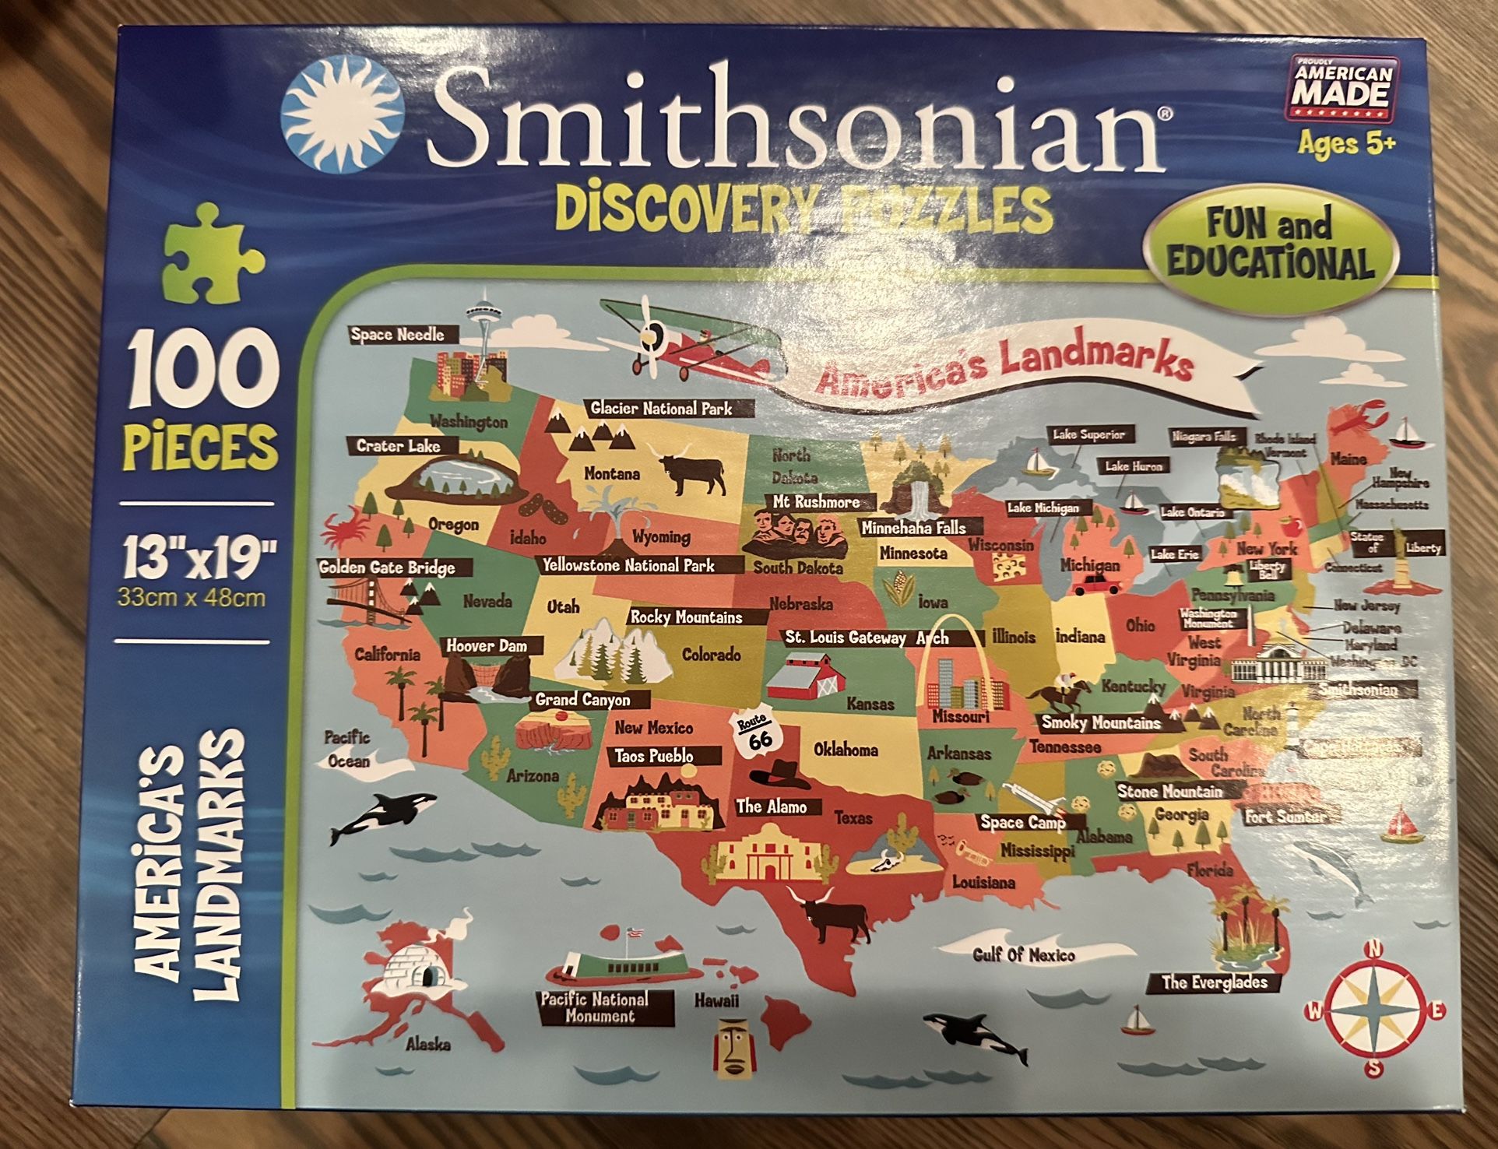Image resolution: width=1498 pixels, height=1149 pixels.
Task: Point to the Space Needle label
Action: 398,335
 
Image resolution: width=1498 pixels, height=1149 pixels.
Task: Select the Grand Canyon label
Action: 582,700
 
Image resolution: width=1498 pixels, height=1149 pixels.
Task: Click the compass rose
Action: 1375,1010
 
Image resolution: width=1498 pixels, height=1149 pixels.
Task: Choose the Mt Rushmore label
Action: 816,502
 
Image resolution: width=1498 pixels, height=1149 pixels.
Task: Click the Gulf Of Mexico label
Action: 1023,954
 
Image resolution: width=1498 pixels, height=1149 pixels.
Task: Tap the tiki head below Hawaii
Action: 730,1047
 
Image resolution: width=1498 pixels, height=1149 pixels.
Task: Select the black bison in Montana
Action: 692,472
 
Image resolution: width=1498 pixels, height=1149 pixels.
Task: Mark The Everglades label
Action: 1215,982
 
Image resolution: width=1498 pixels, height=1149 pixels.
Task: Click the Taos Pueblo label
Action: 654,756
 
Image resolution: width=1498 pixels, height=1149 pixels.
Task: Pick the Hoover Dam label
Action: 487,646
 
